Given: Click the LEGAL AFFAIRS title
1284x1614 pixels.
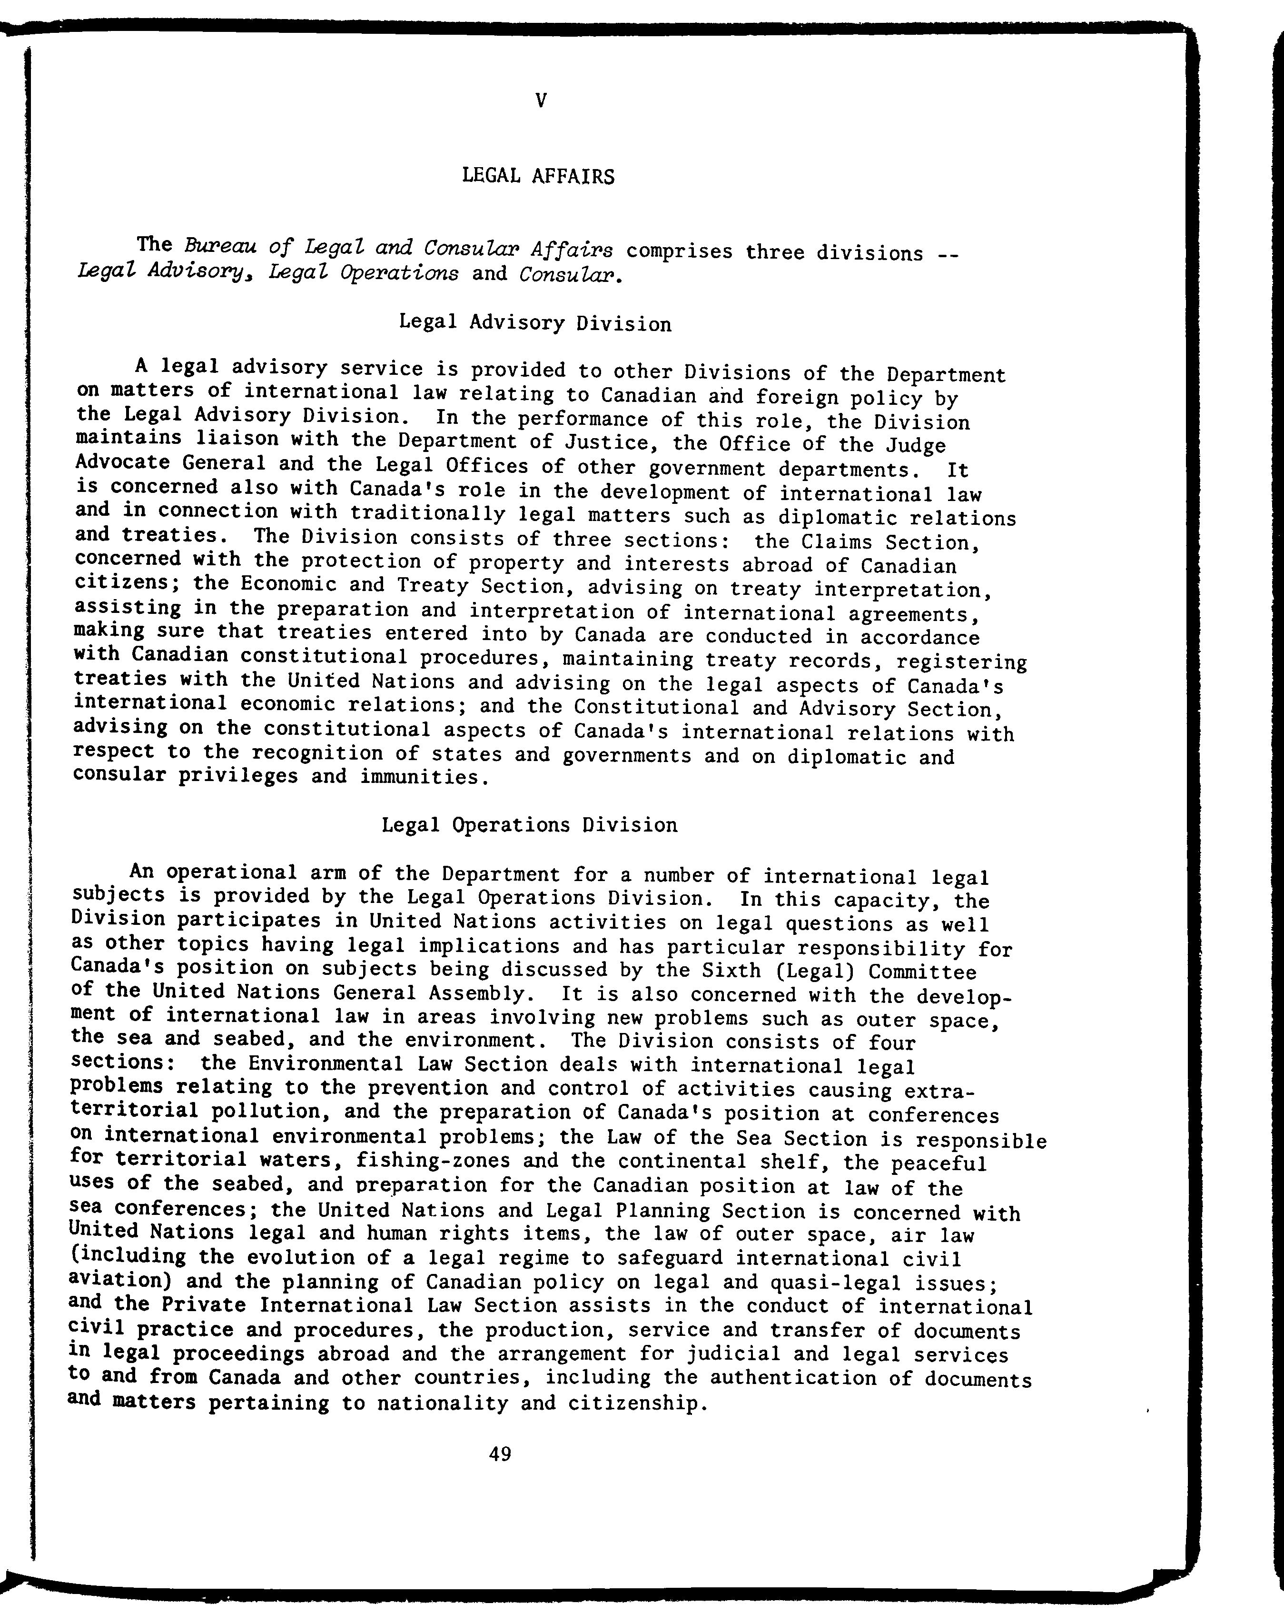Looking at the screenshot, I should pos(538,177).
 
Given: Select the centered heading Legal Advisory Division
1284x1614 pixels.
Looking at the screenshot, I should pos(535,323).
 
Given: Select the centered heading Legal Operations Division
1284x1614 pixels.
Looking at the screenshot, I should pos(529,825).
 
